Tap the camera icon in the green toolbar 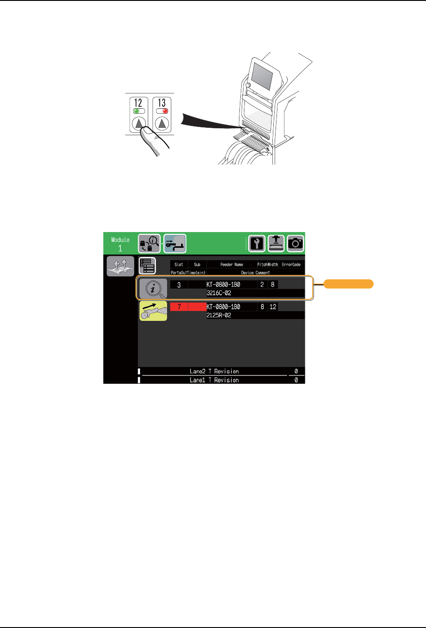coord(295,243)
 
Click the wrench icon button coord(257,243)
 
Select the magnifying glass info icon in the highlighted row coord(153,288)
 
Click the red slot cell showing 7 coord(179,307)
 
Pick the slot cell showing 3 coord(179,285)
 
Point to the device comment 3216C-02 coord(219,293)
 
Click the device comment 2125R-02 coord(219,315)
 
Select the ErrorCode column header coord(291,265)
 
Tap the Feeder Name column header coord(232,265)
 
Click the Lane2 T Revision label coord(214,371)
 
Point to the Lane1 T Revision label coord(214,380)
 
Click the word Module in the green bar coord(120,240)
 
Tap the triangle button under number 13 coord(162,123)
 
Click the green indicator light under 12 coord(137,111)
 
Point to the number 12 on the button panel coord(138,103)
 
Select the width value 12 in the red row coord(273,307)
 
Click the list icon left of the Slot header coord(147,266)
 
